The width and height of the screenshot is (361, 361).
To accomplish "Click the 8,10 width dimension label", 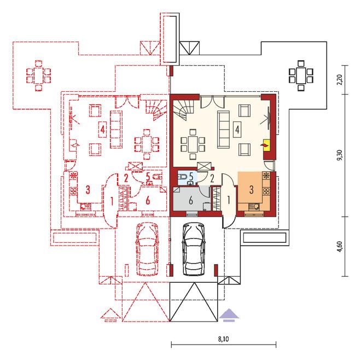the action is [223, 339].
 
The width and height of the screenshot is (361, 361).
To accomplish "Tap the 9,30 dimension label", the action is [340, 155].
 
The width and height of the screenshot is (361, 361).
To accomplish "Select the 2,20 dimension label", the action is [340, 80].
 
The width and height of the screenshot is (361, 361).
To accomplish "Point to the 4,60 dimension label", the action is [340, 247].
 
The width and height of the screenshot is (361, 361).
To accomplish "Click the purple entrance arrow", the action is [229, 315].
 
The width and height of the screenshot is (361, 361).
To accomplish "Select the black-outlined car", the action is [194, 249].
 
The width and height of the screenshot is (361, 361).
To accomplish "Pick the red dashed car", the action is [148, 249].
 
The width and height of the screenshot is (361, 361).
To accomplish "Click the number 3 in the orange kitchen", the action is [252, 189].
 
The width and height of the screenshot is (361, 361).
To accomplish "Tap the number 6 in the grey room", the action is [191, 200].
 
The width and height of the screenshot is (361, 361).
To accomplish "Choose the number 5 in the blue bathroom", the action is [191, 177].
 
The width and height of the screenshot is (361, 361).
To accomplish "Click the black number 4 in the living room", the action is [237, 130].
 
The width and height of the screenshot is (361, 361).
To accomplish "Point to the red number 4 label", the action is [103, 130].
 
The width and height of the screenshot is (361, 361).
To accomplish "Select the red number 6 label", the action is [148, 200].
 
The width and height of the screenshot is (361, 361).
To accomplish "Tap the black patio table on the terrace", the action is [301, 75].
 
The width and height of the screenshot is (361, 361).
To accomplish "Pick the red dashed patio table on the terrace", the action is [39, 75].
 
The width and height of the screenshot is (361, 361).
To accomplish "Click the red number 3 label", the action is [88, 189].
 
